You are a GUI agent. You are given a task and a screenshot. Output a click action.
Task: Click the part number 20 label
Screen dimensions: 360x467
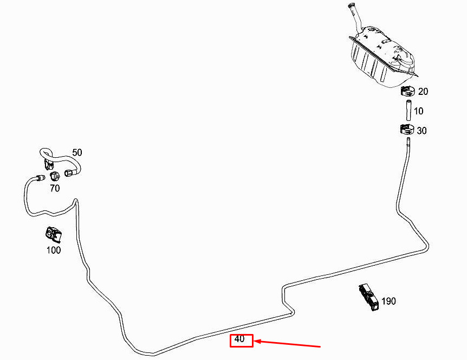(x=423, y=92)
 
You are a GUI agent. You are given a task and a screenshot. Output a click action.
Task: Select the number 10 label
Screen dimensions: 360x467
(x=419, y=111)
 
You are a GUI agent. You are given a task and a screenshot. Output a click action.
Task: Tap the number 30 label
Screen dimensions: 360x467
(x=421, y=131)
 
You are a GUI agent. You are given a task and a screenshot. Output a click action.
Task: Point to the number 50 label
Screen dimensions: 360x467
(x=77, y=153)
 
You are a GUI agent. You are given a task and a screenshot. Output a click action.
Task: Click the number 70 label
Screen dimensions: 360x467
(x=55, y=188)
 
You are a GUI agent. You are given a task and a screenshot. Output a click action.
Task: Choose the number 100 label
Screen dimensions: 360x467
(x=53, y=250)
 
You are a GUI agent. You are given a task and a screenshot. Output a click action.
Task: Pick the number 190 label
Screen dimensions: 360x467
(x=388, y=301)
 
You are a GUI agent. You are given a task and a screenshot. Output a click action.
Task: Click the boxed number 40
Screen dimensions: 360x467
(x=240, y=340)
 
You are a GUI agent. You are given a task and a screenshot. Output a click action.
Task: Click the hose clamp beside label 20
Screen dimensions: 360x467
(x=407, y=91)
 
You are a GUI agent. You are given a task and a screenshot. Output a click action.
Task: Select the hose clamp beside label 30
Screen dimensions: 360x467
(x=406, y=130)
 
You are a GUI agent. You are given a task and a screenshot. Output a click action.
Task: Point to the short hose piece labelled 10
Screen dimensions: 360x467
(x=407, y=110)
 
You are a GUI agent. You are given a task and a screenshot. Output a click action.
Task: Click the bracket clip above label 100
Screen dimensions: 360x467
(x=53, y=234)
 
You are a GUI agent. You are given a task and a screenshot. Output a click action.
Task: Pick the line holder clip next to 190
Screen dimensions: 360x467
(x=367, y=297)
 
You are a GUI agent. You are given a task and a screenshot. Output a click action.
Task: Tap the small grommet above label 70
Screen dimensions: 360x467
(x=54, y=176)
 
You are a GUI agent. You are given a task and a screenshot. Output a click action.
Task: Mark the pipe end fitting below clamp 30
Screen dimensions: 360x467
(x=407, y=142)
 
